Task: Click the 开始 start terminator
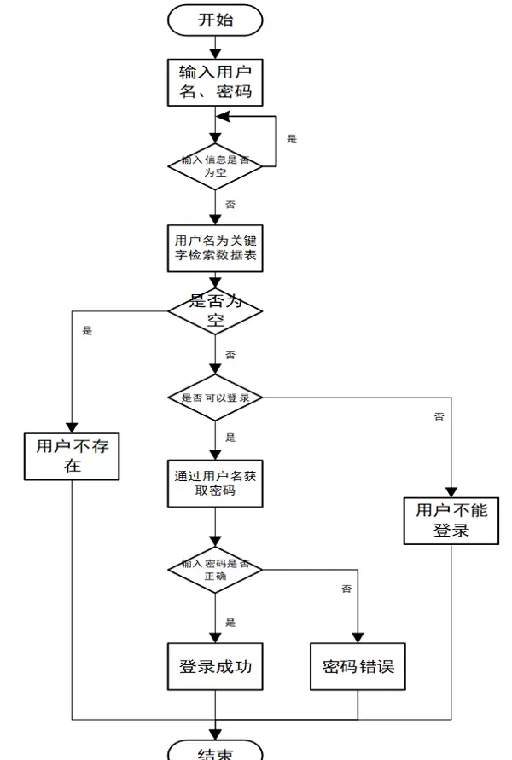215,20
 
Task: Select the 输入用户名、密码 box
215,81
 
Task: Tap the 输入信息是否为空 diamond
215,165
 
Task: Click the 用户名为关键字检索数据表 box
215,247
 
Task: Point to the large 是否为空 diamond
215,310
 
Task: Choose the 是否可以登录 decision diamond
215,397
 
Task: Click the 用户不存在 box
72,455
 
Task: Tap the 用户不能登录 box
451,519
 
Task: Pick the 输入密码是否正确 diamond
215,569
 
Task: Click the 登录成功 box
215,666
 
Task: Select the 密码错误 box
358,666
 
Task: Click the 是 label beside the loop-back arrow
292,139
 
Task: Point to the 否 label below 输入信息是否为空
230,205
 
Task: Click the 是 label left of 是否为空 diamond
87,330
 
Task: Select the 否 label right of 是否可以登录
439,416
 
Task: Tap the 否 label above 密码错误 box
346,589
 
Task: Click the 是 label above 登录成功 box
230,623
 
